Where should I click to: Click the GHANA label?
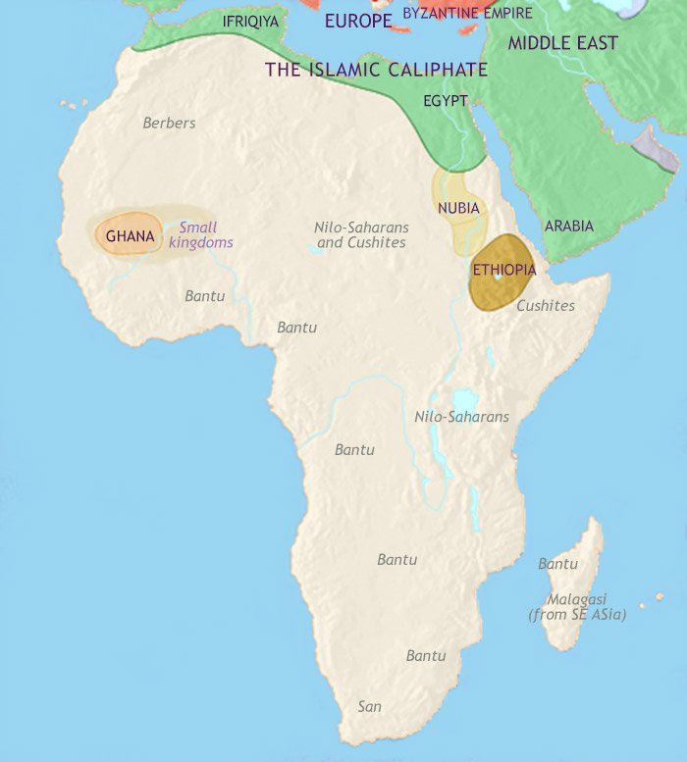[x=130, y=236]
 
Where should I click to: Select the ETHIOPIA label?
[x=503, y=270]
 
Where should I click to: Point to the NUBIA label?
[x=458, y=208]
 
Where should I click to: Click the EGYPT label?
[x=445, y=100]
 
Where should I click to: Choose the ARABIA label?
[x=569, y=226]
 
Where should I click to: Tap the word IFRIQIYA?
[x=250, y=21]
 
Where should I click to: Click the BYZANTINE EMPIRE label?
[x=467, y=13]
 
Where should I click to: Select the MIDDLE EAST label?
[x=562, y=43]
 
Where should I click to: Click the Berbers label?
[x=169, y=123]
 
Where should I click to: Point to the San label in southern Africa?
[x=369, y=705]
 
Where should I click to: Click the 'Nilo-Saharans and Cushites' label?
[x=360, y=234]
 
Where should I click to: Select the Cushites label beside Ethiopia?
[x=546, y=305]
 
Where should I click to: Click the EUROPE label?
[x=358, y=20]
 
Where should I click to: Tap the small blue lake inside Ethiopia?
[x=499, y=279]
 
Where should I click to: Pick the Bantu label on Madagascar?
[x=557, y=564]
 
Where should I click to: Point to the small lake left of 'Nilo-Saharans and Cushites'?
[x=314, y=251]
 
